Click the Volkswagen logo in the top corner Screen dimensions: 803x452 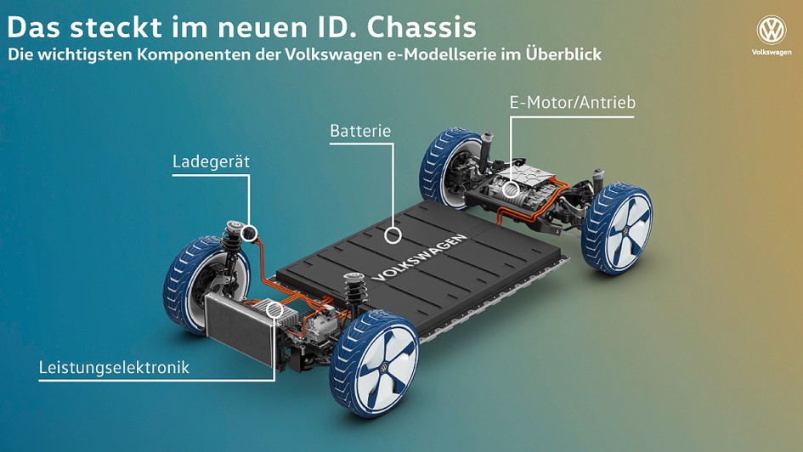pyautogui.click(x=772, y=31)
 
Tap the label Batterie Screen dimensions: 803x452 pyautogui.click(x=360, y=131)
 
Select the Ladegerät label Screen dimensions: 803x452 pyautogui.click(x=211, y=161)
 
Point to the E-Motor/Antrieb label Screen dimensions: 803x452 pyautogui.click(x=573, y=102)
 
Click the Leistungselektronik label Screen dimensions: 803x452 pyautogui.click(x=114, y=368)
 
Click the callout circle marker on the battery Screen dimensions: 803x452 pyautogui.click(x=393, y=235)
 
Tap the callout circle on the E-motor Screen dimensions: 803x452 pyautogui.click(x=511, y=189)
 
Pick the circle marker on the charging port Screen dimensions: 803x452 pyautogui.click(x=250, y=233)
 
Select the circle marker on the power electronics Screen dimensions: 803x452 pyautogui.click(x=275, y=310)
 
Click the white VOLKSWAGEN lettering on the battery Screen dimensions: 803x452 pyautogui.click(x=419, y=258)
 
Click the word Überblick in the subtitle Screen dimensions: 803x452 pyautogui.click(x=564, y=54)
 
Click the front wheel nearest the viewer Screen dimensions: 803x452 pyautogui.click(x=375, y=363)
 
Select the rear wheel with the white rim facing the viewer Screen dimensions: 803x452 pyautogui.click(x=618, y=229)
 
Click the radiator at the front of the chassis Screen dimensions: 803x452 pyautogui.click(x=240, y=328)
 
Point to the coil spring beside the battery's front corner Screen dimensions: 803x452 pyautogui.click(x=353, y=291)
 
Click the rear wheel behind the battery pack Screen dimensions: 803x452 pyautogui.click(x=448, y=167)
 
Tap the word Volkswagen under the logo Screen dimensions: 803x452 pyautogui.click(x=772, y=52)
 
